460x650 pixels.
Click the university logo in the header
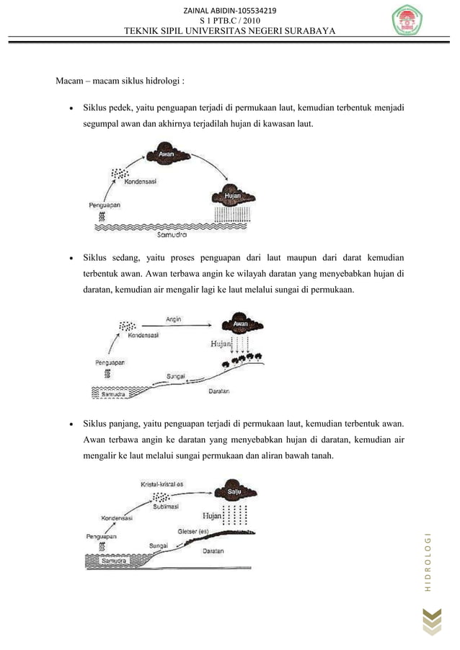412,22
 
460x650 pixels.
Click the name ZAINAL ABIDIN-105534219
230,10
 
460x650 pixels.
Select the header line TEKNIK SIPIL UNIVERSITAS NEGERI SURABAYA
230,31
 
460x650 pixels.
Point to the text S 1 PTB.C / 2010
230,20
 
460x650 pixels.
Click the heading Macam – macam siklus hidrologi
124,79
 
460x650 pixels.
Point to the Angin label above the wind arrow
174,318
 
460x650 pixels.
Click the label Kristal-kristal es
162,483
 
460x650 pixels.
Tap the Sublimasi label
167,506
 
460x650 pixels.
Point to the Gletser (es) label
189,532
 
